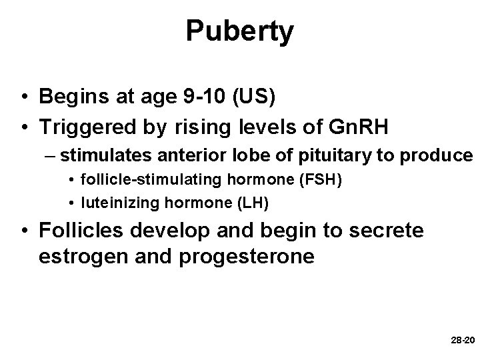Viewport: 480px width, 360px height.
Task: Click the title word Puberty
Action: [x=239, y=31]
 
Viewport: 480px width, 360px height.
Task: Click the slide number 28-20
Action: [x=463, y=340]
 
